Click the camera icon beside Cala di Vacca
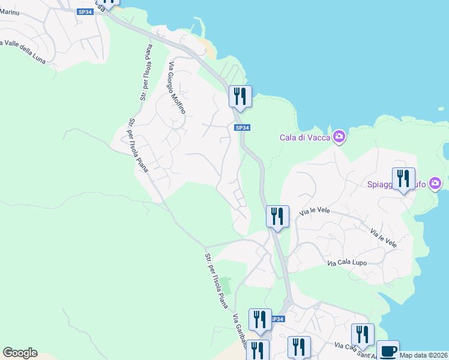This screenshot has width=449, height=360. coord(339,137)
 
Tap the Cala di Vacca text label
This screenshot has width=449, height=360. coord(306,137)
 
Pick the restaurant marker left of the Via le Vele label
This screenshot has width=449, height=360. coord(277,216)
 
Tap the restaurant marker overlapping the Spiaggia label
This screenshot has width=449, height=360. coord(403,178)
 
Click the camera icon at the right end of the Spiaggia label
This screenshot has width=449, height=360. coord(436,183)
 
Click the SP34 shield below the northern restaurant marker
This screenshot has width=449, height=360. coord(241,128)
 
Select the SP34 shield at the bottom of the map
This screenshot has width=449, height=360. coord(277,320)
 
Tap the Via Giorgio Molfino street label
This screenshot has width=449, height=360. coord(177,88)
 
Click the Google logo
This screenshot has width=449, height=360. coord(20,353)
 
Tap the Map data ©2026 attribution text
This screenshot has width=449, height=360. coord(423,355)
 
